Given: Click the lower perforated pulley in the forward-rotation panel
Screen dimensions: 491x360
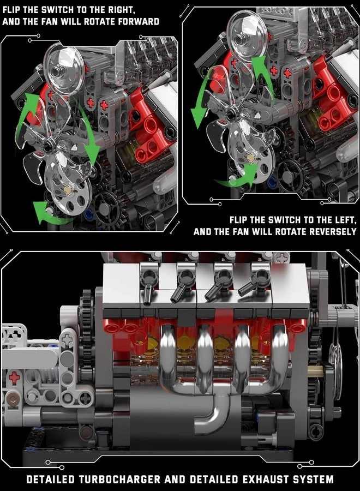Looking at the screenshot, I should (69, 188).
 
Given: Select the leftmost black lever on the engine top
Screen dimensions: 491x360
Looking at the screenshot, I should (148, 284).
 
